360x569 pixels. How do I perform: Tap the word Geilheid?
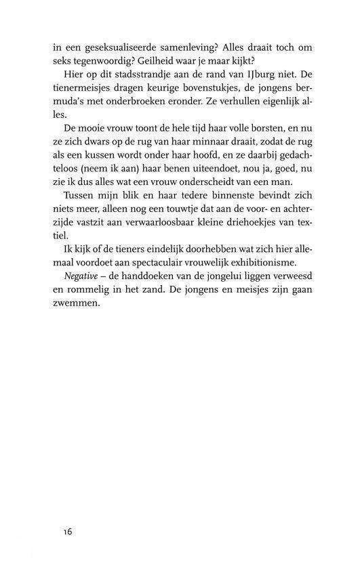[165, 60]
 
